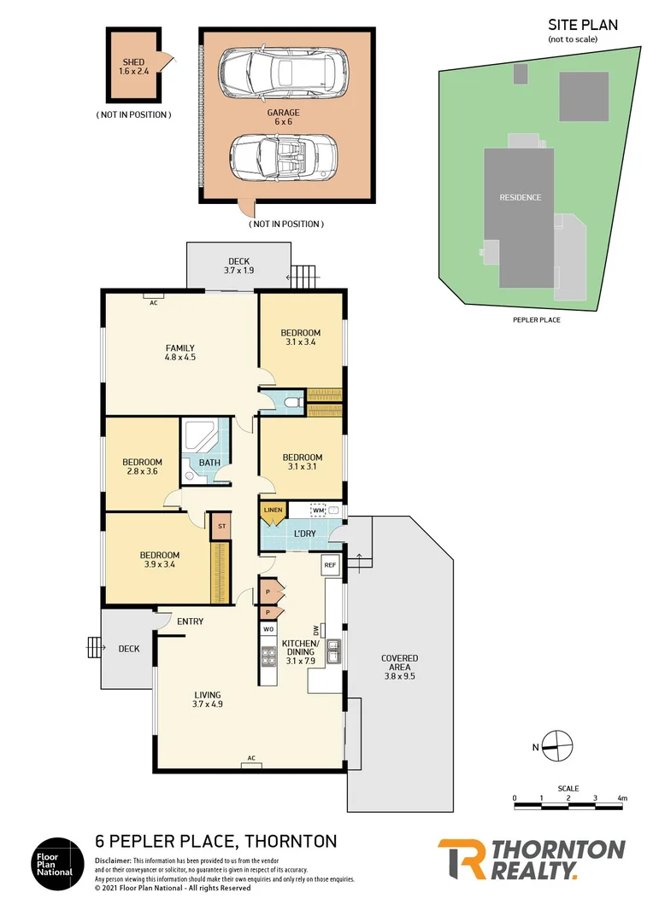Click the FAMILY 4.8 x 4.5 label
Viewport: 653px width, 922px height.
click(x=179, y=353)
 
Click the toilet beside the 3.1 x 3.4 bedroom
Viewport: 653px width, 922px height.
click(x=291, y=400)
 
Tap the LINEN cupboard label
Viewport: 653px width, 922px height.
click(x=273, y=511)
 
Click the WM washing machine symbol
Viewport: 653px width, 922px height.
click(x=319, y=511)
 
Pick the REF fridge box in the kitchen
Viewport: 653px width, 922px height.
click(x=329, y=565)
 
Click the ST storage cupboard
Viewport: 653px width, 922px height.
click(x=221, y=526)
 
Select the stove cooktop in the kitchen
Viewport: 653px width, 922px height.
click(x=268, y=656)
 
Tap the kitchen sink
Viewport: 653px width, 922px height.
click(x=335, y=652)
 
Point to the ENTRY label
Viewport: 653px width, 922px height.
click(x=190, y=621)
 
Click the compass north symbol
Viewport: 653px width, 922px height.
click(x=556, y=745)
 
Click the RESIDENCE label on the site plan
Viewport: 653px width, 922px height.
click(x=520, y=197)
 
